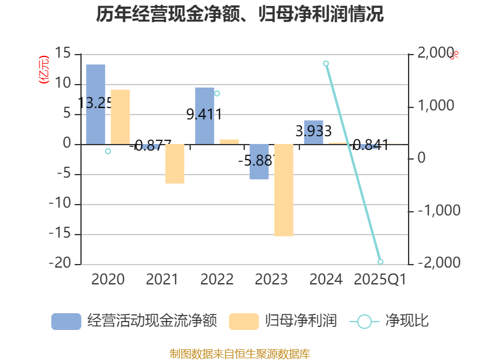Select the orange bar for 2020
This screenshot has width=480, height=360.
click(120, 116)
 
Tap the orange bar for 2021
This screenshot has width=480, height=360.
click(175, 164)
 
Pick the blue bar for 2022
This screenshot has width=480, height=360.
click(205, 115)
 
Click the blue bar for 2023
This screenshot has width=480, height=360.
click(259, 161)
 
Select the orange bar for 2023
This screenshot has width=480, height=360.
click(284, 190)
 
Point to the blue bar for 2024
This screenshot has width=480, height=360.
click(314, 132)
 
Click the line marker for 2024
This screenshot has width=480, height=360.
click(326, 64)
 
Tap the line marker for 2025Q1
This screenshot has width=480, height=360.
click(380, 262)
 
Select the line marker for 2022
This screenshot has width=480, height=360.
click(217, 94)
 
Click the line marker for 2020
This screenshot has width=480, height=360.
click(108, 151)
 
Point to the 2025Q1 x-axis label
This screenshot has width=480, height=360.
click(380, 280)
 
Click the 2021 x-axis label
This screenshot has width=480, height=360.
click(162, 280)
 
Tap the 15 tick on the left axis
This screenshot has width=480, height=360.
click(62, 54)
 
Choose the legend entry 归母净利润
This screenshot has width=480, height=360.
click(283, 321)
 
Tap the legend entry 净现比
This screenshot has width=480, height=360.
click(390, 321)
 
